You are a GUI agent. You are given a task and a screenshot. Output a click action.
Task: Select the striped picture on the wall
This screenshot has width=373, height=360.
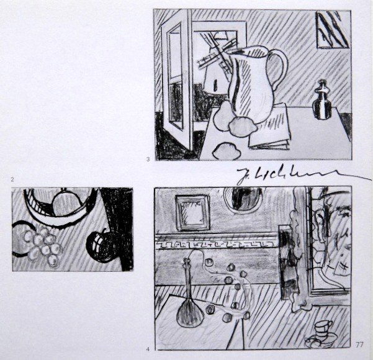(331, 29)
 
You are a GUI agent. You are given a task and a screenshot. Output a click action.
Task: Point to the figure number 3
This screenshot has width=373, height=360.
(148, 160)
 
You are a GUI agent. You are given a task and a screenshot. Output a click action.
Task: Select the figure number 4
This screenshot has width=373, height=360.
(148, 344)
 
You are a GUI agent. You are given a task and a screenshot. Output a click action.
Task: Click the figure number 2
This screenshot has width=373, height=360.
(12, 180)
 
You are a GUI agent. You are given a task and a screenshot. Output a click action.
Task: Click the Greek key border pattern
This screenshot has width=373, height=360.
(211, 240)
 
